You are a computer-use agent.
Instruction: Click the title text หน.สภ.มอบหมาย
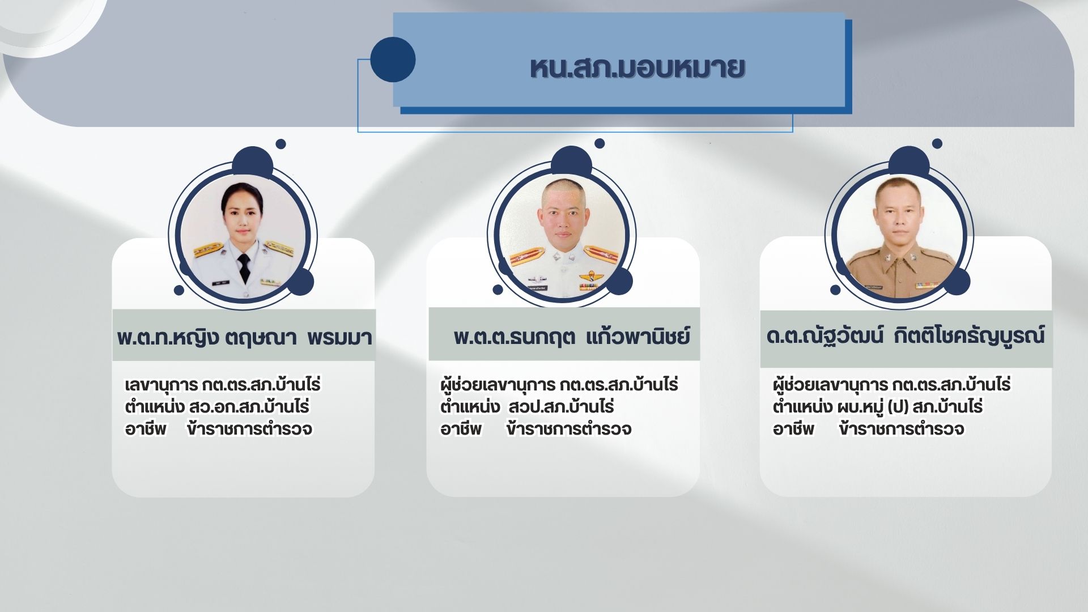(637, 68)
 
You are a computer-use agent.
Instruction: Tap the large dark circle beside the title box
(393, 59)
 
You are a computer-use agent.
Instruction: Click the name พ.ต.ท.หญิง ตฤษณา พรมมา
(244, 337)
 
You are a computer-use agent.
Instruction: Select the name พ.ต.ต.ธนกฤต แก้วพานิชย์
(572, 337)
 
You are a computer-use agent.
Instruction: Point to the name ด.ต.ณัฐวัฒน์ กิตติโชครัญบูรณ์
(905, 335)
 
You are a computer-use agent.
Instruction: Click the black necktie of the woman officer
(244, 268)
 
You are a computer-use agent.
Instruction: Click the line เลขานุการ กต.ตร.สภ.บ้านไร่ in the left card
(223, 385)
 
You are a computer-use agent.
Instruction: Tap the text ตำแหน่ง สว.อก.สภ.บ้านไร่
(217, 407)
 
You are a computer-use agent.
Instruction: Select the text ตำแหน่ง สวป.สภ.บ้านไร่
(527, 407)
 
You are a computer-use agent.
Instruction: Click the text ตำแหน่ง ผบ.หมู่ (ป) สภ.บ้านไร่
(878, 407)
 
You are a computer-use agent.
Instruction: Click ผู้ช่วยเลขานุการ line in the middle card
(559, 385)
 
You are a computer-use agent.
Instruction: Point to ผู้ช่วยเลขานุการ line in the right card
(891, 385)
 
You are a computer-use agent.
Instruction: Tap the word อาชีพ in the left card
(146, 429)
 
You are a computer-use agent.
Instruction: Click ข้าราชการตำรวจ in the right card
(902, 429)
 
